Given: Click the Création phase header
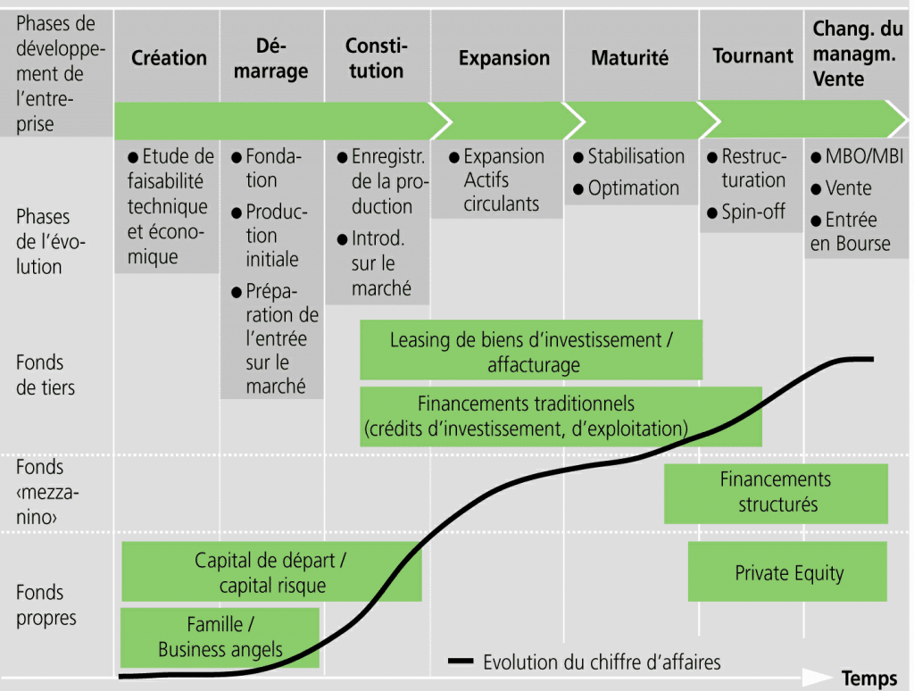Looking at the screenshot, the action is coord(169,58).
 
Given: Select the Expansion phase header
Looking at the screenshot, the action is coord(504,58).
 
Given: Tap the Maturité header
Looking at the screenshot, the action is coord(629,58).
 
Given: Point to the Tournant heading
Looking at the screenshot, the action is coord(752,56).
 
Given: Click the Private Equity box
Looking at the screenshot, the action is coord(787,571).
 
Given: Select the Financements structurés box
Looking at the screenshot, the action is coord(776,494).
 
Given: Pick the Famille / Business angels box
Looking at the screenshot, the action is coord(220,637).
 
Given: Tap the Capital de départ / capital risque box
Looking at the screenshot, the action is coord(271,571).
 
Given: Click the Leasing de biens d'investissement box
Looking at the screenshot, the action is coord(531,350).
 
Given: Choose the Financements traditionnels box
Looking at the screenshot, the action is coord(561,416).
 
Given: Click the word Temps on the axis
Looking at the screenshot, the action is coord(869,679).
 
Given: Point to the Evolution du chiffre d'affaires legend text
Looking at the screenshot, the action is coord(602,662).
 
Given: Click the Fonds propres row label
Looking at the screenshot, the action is coord(46,604).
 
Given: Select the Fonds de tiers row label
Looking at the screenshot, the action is coord(46,375).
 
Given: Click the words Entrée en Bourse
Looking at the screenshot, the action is coord(851,231).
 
